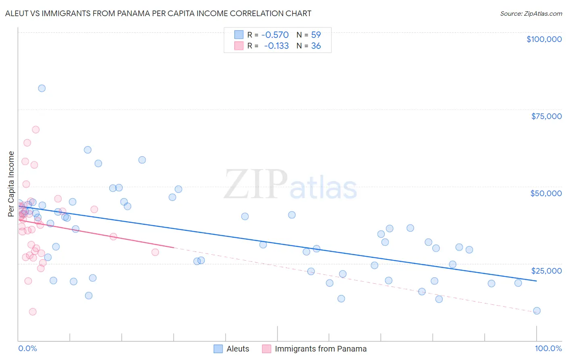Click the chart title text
click(x=158, y=13)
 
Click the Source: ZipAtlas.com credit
click(x=531, y=13)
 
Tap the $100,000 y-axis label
click(x=544, y=39)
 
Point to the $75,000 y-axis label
click(x=546, y=116)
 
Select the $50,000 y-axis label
click(x=546, y=193)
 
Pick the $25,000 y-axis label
click(x=546, y=271)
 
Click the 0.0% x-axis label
click(x=27, y=348)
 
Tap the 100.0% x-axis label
click(x=548, y=348)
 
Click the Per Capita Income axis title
click(x=11, y=184)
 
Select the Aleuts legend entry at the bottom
click(x=238, y=349)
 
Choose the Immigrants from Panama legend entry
click(x=321, y=349)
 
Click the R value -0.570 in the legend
click(x=275, y=35)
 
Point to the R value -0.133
click(x=276, y=46)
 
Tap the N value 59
click(x=316, y=35)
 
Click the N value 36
click(x=316, y=46)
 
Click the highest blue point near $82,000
click(x=42, y=88)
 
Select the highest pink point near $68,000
click(x=35, y=130)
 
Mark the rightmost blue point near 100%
click(x=537, y=311)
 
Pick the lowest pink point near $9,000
click(x=33, y=312)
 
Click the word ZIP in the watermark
click(x=256, y=184)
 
